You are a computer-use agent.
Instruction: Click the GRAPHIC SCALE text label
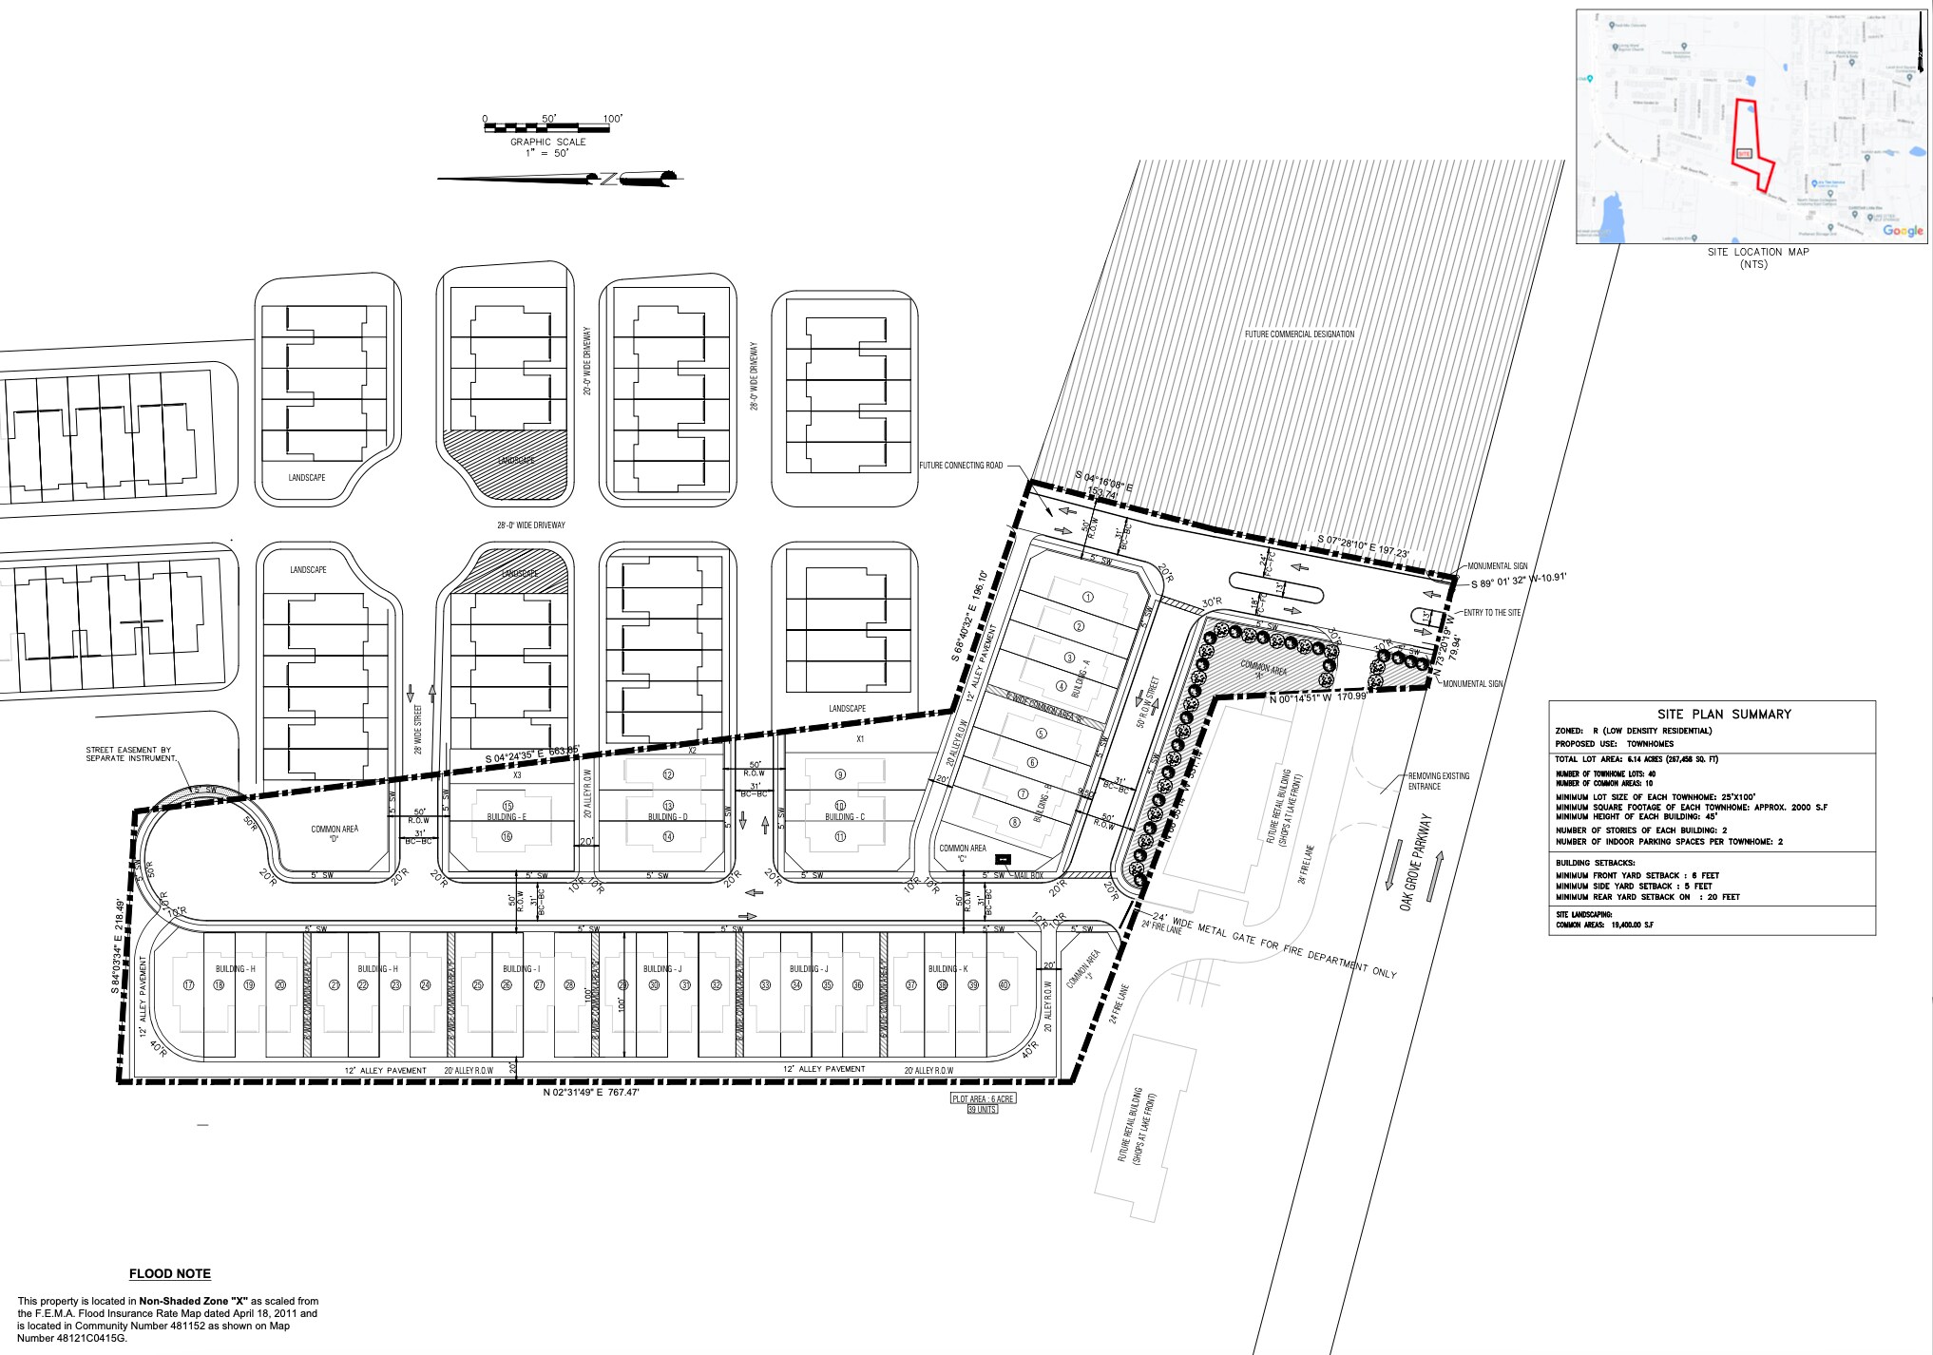(547, 142)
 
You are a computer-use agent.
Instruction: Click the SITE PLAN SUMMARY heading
(1711, 715)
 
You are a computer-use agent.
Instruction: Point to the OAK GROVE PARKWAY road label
(1415, 864)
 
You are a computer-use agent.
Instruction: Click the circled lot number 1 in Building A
(1088, 598)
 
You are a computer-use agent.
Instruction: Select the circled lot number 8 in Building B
(1014, 823)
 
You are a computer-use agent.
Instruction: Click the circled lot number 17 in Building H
(188, 985)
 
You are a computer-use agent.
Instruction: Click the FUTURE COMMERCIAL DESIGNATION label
(1299, 334)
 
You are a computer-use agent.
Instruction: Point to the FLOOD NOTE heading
(170, 1274)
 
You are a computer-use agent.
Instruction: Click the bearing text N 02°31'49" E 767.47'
(590, 1094)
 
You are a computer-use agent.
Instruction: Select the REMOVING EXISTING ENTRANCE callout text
(1438, 781)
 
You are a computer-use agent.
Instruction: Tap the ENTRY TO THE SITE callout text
(1491, 613)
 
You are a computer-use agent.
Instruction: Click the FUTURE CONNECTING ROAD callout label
(960, 466)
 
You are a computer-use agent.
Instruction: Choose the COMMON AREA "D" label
(335, 834)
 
